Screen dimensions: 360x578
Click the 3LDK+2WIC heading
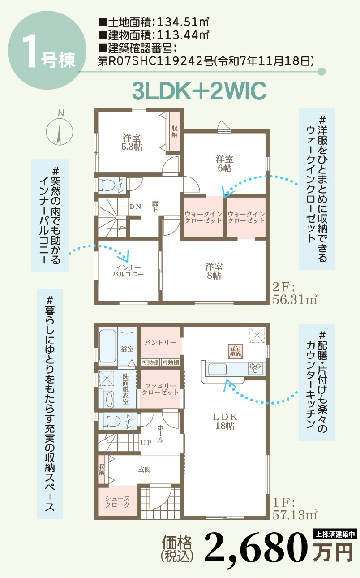[x=199, y=91]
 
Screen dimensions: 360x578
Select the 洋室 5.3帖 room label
[x=132, y=142]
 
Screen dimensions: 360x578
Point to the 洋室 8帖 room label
[x=214, y=271]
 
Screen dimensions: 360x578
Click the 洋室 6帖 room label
[x=225, y=164]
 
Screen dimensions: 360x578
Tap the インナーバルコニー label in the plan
[x=128, y=271]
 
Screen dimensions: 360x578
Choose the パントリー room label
[x=160, y=342]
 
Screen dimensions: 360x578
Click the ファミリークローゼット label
[x=160, y=389]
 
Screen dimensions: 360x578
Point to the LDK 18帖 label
[x=225, y=421]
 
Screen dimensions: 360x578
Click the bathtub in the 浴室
[x=107, y=346]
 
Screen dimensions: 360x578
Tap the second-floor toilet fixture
[x=107, y=185]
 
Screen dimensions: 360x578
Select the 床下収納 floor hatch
[x=236, y=351]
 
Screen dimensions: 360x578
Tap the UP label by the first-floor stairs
[x=146, y=443]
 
